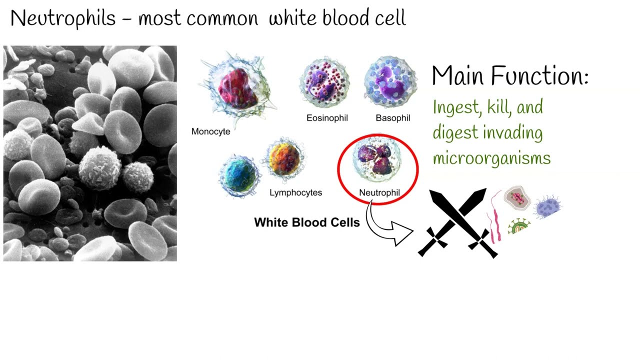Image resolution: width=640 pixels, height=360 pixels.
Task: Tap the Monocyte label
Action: click(x=210, y=131)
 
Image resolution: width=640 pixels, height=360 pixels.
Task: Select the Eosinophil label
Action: click(x=327, y=118)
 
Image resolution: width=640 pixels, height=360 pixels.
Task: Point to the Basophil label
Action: click(x=393, y=118)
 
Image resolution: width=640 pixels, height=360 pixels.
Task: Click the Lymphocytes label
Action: click(x=295, y=192)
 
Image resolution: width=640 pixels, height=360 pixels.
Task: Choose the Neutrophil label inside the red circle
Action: click(x=379, y=192)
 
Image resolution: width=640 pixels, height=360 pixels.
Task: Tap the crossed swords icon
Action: click(x=457, y=222)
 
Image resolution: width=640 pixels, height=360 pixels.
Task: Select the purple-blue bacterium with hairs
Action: click(x=547, y=206)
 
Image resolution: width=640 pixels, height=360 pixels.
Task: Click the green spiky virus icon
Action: click(x=518, y=226)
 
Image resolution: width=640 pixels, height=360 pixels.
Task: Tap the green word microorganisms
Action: click(x=491, y=158)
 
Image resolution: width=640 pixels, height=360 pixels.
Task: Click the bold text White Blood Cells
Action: click(x=307, y=222)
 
